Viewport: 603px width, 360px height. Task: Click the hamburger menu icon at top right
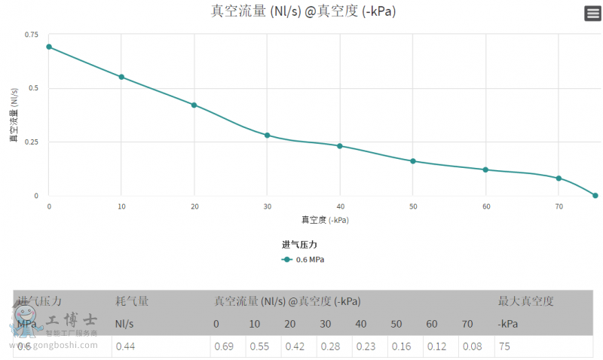pos(592,14)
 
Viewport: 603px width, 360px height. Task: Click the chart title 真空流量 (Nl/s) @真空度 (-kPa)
pos(303,11)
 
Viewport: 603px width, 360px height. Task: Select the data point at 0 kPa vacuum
pos(49,47)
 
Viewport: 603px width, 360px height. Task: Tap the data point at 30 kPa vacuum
pos(267,135)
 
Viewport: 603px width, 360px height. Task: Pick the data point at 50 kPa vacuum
pos(413,161)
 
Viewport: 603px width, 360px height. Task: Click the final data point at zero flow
pos(595,195)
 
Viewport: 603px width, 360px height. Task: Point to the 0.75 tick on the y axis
pos(31,35)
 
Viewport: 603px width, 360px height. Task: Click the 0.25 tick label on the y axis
pos(31,142)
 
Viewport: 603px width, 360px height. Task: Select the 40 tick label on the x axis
pos(340,206)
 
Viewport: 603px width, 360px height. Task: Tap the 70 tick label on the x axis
pos(559,206)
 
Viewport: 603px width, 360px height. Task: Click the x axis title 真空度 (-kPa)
pos(326,220)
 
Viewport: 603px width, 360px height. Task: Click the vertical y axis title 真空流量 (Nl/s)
pos(14,115)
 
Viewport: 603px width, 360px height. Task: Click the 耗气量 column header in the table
pos(132,301)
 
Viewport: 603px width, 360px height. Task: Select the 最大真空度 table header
pos(526,301)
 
